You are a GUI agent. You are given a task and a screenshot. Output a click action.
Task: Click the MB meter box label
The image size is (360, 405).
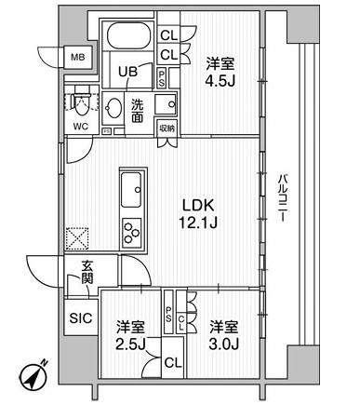point(78,57)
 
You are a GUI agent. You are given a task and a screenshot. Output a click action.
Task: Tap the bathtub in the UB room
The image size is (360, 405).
point(129,36)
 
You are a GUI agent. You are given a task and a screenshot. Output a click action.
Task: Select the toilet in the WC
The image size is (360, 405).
point(80,101)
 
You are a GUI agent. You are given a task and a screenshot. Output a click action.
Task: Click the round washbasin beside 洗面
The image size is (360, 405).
point(113,108)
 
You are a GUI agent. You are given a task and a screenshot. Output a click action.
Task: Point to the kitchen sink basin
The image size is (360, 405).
point(131,190)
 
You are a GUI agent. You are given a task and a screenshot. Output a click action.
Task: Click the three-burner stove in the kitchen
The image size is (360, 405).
point(132,231)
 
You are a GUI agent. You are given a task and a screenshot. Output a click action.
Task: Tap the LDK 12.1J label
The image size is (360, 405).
point(198,214)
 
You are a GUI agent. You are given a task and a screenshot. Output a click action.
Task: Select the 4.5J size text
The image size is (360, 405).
point(220,81)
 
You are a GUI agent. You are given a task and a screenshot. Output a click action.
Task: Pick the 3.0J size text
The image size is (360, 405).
point(223,344)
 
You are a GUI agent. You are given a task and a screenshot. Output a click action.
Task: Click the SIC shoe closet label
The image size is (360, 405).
point(81,317)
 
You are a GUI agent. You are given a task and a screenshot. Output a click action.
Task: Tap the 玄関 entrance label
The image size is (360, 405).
point(87,273)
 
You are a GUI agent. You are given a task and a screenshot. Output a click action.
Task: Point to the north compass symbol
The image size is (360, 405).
point(34,376)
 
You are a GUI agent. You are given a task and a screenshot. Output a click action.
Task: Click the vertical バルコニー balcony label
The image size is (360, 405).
point(282,198)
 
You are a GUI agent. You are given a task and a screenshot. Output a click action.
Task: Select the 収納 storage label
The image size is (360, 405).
point(167,128)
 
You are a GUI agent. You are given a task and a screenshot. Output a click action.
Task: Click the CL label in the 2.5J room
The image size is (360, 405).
point(173,362)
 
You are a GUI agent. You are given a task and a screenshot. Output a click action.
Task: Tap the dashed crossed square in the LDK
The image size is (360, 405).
point(77,238)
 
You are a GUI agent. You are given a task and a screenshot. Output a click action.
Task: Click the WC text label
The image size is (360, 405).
point(81,127)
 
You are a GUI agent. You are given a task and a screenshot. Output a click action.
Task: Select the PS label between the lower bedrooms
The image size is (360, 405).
point(168,314)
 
